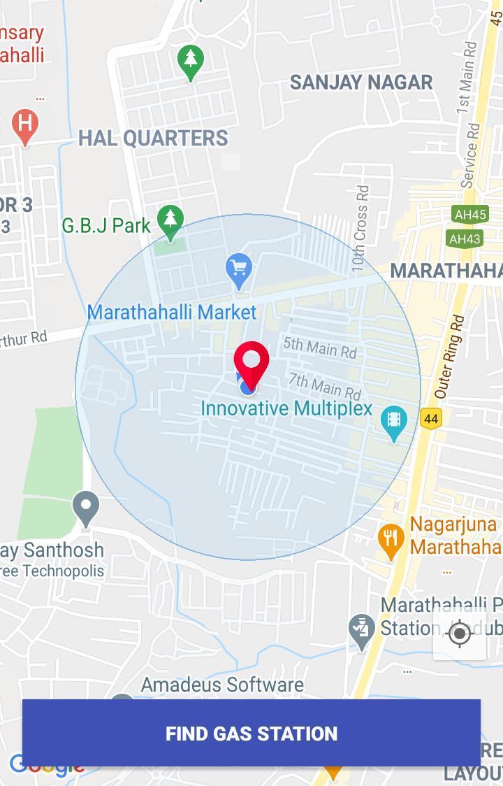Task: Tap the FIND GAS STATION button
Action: pos(251,733)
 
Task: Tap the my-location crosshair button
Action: pos(460,634)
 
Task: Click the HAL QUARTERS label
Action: pos(153,138)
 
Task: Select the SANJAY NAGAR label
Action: pos(361,82)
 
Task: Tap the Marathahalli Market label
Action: pos(172,312)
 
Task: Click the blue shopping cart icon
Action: pos(239,270)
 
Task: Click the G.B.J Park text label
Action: pos(106,225)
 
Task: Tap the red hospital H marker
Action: pos(25,126)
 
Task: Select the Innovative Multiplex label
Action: pos(286,408)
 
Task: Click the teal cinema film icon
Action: pos(394,422)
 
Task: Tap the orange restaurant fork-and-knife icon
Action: pos(391,539)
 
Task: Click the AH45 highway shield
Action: pos(469,215)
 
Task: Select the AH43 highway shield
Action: pos(465,239)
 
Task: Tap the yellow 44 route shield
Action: pos(431,419)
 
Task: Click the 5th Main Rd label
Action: pos(320,346)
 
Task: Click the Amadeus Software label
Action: pos(222,684)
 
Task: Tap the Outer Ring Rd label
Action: pos(449,357)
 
